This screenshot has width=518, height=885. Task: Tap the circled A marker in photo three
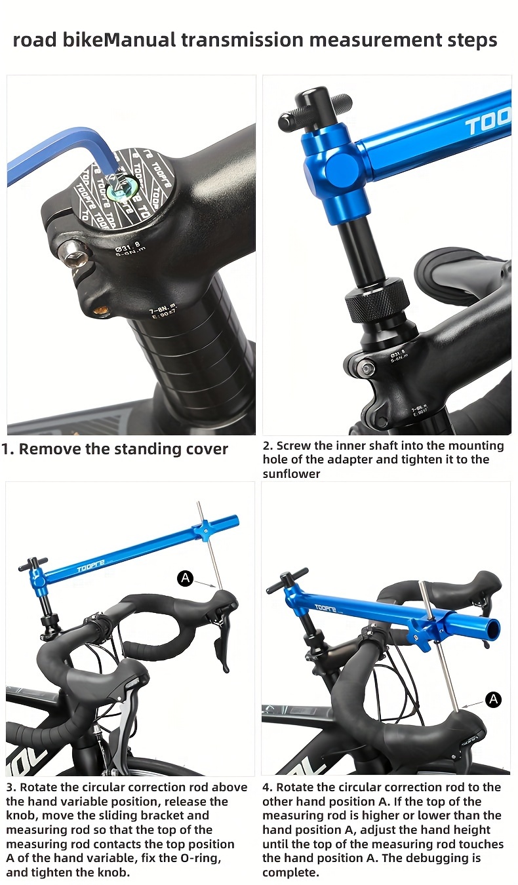click(186, 578)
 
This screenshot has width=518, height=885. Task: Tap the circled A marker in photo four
click(493, 699)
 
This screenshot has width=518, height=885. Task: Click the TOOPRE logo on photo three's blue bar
click(90, 566)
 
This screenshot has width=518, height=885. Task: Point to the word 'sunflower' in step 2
click(291, 473)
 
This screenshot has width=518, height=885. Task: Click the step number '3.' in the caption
click(10, 787)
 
